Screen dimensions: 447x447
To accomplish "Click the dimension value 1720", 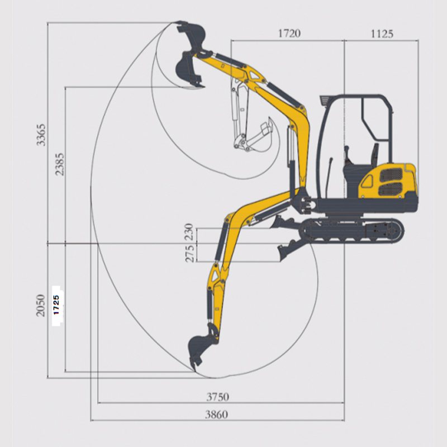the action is [x=289, y=34].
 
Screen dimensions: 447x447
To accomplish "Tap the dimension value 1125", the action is [x=382, y=34].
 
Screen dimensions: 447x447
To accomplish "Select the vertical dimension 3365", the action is [x=41, y=135].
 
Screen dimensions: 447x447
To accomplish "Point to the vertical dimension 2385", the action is [x=60, y=164].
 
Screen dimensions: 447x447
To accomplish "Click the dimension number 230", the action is [x=189, y=232].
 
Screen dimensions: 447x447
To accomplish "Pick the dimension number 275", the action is [x=189, y=254].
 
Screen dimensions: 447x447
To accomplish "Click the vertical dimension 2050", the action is [x=41, y=305].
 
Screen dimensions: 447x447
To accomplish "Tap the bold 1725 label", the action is [x=56, y=305].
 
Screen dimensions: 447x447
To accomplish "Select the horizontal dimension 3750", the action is [x=217, y=397].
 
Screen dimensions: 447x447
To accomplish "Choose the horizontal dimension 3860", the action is [x=217, y=414].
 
